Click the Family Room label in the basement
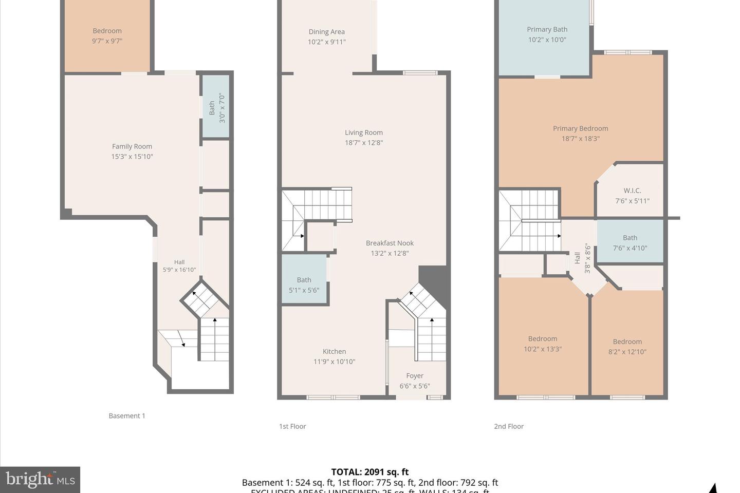click(x=132, y=147)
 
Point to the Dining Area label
click(x=326, y=32)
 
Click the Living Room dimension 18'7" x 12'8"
click(x=364, y=143)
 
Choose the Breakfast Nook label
click(x=390, y=243)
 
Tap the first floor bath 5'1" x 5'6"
click(x=304, y=285)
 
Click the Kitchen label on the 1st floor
click(x=334, y=352)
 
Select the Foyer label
click(x=415, y=376)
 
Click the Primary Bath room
click(x=547, y=34)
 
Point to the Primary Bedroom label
click(x=580, y=128)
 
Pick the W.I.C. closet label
click(x=632, y=191)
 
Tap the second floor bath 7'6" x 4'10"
click(x=630, y=243)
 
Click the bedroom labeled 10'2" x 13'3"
click(x=543, y=344)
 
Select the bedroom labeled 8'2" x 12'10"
click(x=627, y=347)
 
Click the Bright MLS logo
click(x=40, y=480)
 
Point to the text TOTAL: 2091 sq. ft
click(x=370, y=472)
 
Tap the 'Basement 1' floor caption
click(x=127, y=416)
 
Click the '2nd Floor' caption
click(x=509, y=426)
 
